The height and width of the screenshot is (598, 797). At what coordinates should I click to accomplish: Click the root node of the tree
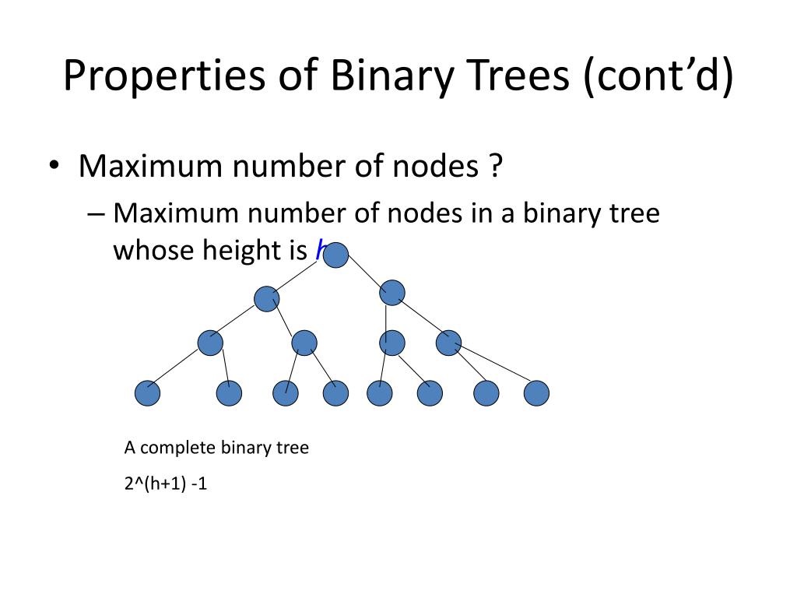335,255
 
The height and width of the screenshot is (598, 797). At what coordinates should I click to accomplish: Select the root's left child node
266,298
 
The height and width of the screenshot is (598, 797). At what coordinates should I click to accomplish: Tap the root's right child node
392,293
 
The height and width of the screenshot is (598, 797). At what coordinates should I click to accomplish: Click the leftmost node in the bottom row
147,394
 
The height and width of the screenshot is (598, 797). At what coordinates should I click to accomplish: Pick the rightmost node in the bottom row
536,394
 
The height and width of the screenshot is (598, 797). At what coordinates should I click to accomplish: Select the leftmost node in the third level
210,343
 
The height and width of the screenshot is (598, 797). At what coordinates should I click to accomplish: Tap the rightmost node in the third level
449,343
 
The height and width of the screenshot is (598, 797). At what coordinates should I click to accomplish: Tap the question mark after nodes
495,166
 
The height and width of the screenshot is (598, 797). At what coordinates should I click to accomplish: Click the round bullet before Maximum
54,167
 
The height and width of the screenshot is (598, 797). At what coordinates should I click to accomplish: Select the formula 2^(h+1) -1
166,484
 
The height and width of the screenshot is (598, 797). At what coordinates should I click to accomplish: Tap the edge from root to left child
300,276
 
